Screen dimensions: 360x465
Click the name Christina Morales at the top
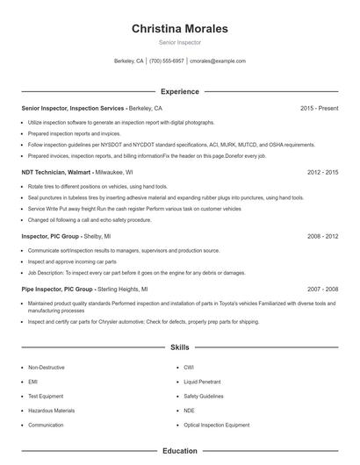179,29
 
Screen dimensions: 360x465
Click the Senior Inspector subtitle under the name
179,42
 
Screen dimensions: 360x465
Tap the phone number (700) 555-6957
167,61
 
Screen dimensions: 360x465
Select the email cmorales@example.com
218,61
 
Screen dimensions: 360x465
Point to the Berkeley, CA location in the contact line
129,61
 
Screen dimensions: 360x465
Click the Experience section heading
179,91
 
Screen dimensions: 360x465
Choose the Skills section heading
179,347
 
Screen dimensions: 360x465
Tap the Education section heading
179,451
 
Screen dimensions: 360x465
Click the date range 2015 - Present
319,108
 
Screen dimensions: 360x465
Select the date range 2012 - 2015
322,173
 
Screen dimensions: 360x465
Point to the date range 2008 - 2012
322,237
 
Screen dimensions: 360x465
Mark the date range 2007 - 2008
322,289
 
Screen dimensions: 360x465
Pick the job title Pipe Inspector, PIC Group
58,289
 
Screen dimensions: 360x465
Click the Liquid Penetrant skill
202,382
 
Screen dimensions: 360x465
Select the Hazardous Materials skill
51,410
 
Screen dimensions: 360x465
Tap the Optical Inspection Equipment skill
216,425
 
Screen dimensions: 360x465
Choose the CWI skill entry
189,368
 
